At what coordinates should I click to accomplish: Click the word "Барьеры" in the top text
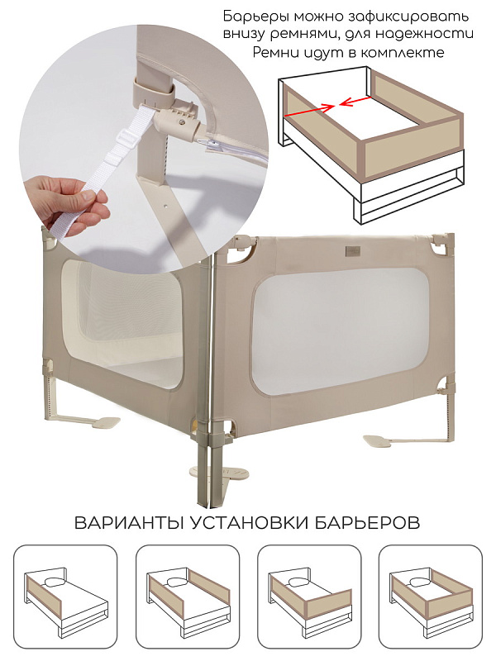click(x=256, y=17)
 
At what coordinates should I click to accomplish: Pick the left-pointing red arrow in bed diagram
click(x=355, y=101)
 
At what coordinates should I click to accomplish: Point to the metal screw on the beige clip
click(x=181, y=121)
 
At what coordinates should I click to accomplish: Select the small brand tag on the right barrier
click(x=351, y=250)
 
